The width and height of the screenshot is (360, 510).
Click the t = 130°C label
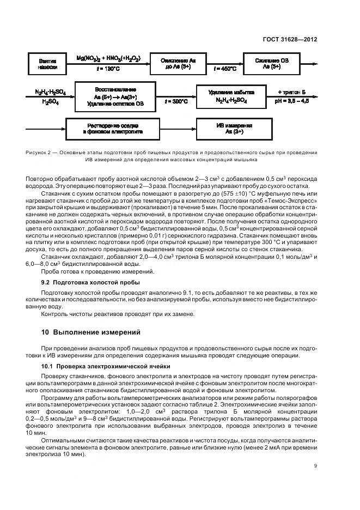(108, 69)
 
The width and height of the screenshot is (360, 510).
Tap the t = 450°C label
(225, 69)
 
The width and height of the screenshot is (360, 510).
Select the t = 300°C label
(176, 102)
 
